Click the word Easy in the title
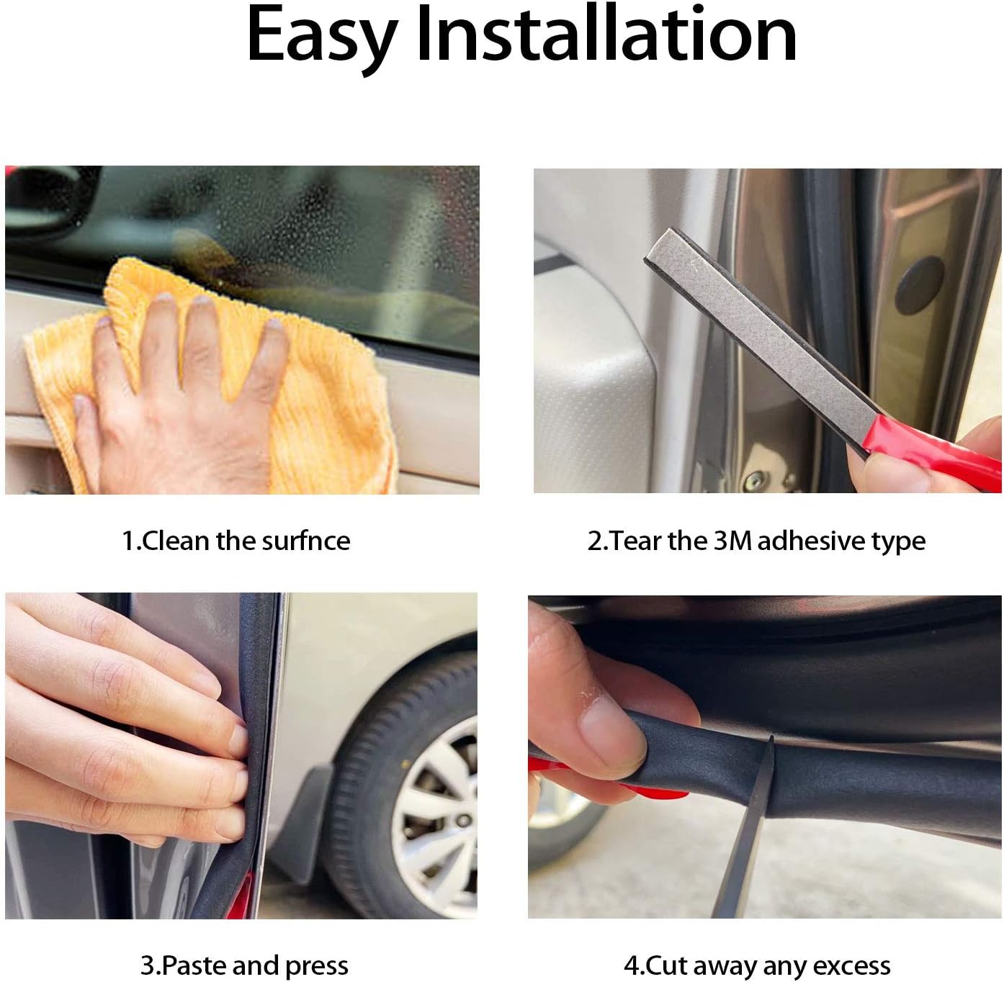(x=323, y=37)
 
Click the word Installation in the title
(x=606, y=34)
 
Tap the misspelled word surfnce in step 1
(x=305, y=541)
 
